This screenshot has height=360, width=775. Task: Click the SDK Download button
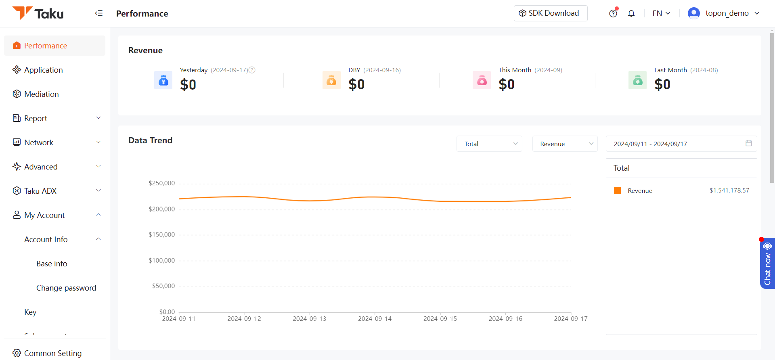(551, 13)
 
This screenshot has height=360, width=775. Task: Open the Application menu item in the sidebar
(43, 70)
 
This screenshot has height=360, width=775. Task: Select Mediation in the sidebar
(41, 94)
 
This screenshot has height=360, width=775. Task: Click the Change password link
(66, 288)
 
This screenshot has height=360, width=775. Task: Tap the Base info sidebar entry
(52, 264)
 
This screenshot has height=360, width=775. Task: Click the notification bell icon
(631, 13)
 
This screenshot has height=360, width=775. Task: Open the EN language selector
(661, 13)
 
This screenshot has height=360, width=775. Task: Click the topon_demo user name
(727, 13)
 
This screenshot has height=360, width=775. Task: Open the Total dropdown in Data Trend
(489, 144)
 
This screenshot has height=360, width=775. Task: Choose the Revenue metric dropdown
(565, 144)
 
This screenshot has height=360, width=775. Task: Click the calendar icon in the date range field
(749, 143)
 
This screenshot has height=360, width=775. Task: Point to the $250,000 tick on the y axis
(162, 183)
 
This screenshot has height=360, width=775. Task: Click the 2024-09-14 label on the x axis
(375, 319)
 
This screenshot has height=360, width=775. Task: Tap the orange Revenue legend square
(617, 190)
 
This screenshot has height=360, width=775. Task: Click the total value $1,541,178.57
(729, 190)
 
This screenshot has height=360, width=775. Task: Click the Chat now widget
(767, 264)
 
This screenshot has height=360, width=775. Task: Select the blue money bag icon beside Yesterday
(163, 80)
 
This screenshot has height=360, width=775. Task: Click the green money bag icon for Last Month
(638, 80)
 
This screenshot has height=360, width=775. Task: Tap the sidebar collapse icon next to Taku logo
(99, 13)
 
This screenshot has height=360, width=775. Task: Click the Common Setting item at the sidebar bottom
(47, 353)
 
